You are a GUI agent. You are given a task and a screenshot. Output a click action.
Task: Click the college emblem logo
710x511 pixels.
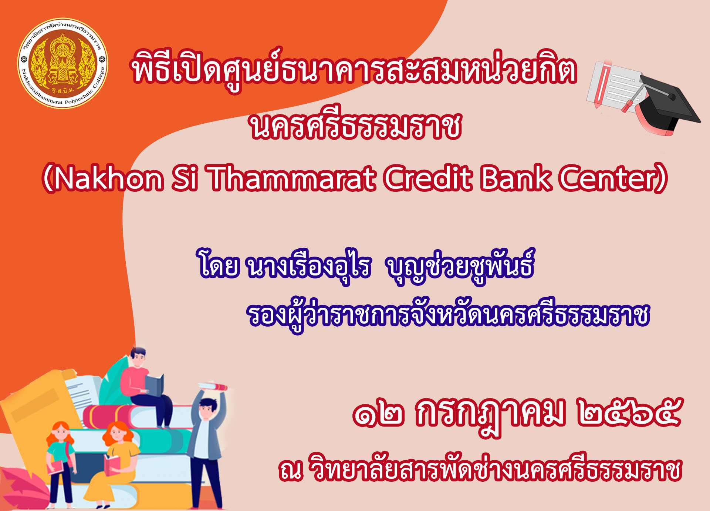[63, 63]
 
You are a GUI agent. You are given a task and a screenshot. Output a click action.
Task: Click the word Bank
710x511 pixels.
[516, 178]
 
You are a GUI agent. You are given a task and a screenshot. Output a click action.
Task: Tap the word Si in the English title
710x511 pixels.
[185, 178]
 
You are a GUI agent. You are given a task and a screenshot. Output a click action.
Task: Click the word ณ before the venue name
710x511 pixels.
[291, 471]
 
